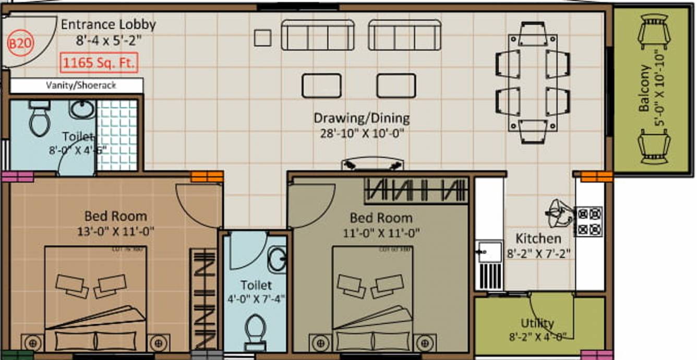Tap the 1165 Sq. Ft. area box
pos(99,63)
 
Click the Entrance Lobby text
pos(109,25)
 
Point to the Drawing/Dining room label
pos(361,118)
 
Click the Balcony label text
pos(645,88)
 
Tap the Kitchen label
pos(538,238)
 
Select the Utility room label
pos(537,323)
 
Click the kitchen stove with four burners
pos(589,221)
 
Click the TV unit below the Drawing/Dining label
pos(372,164)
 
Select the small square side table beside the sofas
pos(262,38)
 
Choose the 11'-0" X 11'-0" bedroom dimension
pos(381,232)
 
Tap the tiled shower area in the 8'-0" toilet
pos(116,135)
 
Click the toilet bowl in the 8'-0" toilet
pos(39,119)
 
